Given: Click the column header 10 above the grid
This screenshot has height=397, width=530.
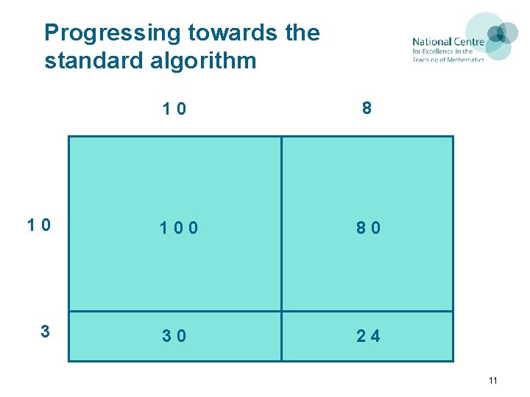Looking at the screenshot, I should coord(174,110).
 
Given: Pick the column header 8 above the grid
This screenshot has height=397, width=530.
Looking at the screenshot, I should coord(367,109).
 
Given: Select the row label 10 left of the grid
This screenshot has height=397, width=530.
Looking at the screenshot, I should coord(39,226).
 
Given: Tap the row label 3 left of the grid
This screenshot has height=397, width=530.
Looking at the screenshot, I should coord(45,332).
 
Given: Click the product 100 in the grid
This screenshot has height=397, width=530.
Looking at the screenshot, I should coord(180,228).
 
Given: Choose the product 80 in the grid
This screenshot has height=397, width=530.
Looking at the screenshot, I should coord(369,228).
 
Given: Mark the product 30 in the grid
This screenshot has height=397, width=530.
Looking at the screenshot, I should coord(174,336).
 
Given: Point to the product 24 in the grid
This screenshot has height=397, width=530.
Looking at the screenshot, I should coord(369,336).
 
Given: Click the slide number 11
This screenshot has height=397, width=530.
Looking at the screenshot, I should coord(492,380).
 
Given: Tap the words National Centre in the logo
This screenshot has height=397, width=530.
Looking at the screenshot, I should coord(448,42).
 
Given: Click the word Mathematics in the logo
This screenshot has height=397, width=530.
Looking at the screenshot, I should coord(464,60).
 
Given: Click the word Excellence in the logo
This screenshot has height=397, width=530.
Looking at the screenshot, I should coord(439,51).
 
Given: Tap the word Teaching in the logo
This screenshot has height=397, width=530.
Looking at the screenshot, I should coord(426,60).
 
